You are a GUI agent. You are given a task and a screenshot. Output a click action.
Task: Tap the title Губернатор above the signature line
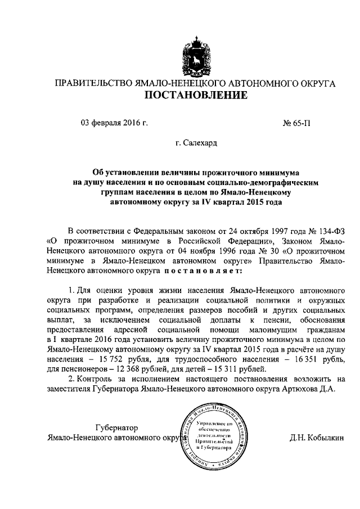pyautogui.click(x=116, y=427)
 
